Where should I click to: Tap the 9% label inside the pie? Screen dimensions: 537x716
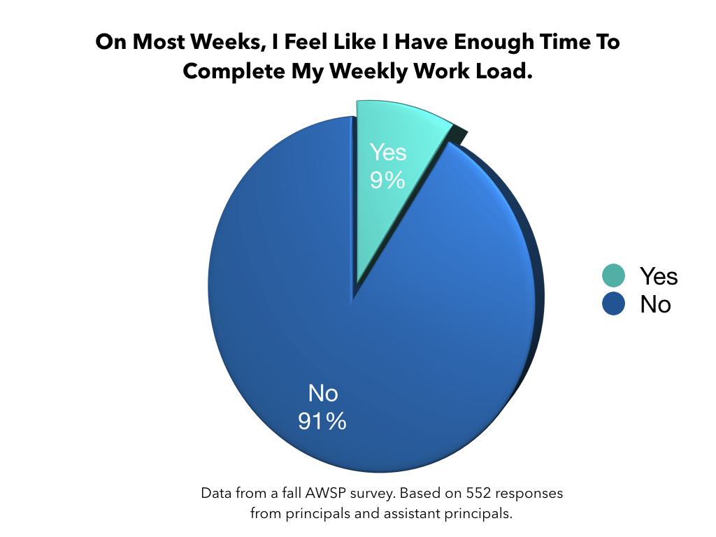pyautogui.click(x=387, y=180)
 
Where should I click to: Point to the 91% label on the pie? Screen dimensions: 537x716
pyautogui.click(x=322, y=421)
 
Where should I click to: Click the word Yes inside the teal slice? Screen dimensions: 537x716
pyautogui.click(x=388, y=152)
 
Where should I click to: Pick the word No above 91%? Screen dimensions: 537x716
pyautogui.click(x=323, y=394)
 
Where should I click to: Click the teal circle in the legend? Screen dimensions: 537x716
pyautogui.click(x=613, y=275)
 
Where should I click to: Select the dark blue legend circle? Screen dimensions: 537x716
pyautogui.click(x=613, y=303)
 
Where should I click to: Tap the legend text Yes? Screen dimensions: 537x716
pyautogui.click(x=659, y=276)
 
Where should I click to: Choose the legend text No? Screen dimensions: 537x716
pyautogui.click(x=655, y=304)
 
